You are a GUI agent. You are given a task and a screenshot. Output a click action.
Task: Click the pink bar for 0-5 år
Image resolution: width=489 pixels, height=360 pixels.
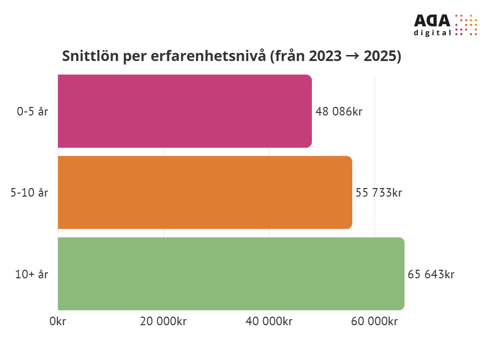185,111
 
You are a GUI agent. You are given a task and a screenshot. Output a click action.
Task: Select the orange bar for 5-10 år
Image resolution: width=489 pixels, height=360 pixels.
205,192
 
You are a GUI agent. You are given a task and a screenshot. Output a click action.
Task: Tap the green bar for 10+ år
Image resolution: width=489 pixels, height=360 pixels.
231,273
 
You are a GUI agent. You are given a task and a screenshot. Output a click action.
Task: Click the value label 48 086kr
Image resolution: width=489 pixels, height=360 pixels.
339,111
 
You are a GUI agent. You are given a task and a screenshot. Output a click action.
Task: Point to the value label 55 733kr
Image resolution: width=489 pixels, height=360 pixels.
379,193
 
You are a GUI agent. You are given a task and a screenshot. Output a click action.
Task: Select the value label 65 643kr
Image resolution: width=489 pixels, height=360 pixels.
431,274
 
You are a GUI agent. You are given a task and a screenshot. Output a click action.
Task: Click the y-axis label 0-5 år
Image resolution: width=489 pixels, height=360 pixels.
33,111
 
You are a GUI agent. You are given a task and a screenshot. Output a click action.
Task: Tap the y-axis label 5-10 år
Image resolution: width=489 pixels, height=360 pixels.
30,193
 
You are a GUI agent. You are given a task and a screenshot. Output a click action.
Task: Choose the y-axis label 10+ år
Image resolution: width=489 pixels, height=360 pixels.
32,274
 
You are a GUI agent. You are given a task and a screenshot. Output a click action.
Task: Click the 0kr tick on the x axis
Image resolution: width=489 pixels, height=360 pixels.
58,322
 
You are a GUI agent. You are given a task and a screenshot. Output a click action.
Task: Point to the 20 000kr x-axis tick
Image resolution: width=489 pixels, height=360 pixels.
163,322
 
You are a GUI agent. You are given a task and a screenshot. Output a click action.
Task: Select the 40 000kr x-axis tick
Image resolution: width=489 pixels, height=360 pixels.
269,322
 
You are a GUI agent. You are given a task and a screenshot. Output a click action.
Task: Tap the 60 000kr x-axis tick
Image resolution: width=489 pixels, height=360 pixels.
374,322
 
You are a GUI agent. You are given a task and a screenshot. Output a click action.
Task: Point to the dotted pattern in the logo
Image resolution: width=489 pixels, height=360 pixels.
466,25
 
